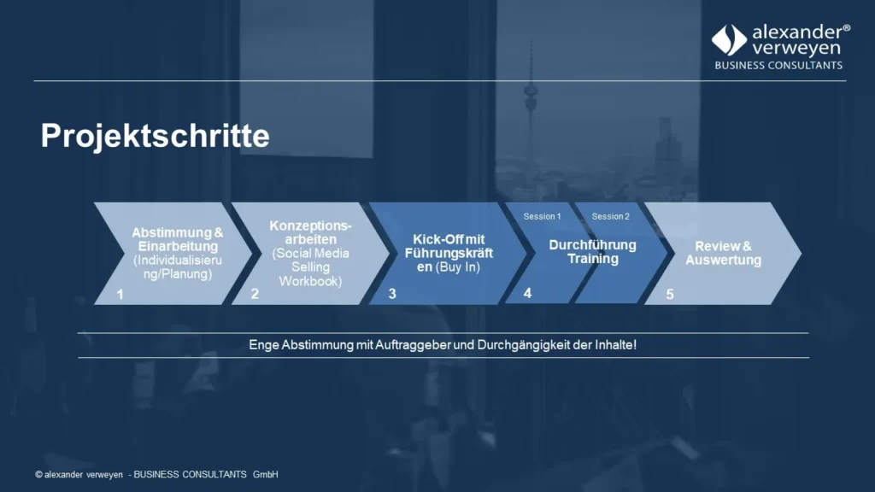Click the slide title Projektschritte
[x=155, y=136]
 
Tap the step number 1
[x=120, y=294]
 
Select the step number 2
[x=255, y=294]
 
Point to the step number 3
[x=392, y=294]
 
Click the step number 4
[x=527, y=293]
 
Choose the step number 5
[x=670, y=294]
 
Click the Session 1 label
[x=542, y=216]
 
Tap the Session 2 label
[x=610, y=216]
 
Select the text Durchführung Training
[x=592, y=252]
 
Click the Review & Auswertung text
[x=723, y=253]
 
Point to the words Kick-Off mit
[x=449, y=239]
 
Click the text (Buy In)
[x=459, y=267]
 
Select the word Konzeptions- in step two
[x=310, y=225]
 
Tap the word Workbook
[x=310, y=281]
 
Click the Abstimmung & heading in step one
[x=177, y=232]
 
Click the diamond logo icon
[x=729, y=40]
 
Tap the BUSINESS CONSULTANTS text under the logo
[x=778, y=65]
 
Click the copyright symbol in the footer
[x=38, y=475]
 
